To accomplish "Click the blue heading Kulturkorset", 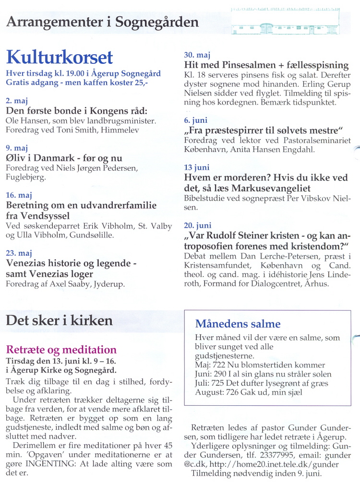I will click(x=59, y=57).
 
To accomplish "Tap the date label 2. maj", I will click(x=17, y=101).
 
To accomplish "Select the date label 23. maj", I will click(x=19, y=253).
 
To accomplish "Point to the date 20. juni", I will click(x=197, y=225).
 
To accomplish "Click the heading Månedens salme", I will click(x=238, y=324).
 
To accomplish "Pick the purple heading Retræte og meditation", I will click(x=61, y=349).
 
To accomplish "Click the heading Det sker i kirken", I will click(x=60, y=320).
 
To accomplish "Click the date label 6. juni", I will click(x=196, y=120).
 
